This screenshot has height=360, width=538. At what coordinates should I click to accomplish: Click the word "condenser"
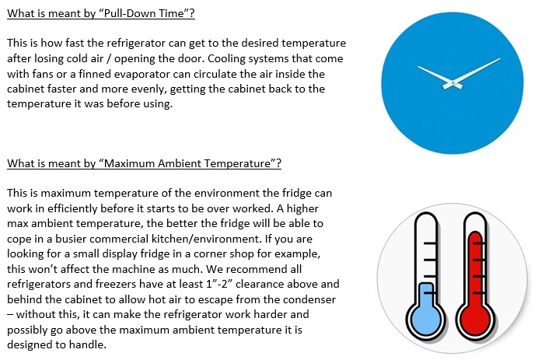(x=309, y=299)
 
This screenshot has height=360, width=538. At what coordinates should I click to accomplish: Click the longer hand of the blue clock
(x=477, y=70)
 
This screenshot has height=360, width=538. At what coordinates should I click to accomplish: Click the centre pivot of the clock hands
(x=453, y=82)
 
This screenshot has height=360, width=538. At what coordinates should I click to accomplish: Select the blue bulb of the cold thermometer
(x=425, y=319)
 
